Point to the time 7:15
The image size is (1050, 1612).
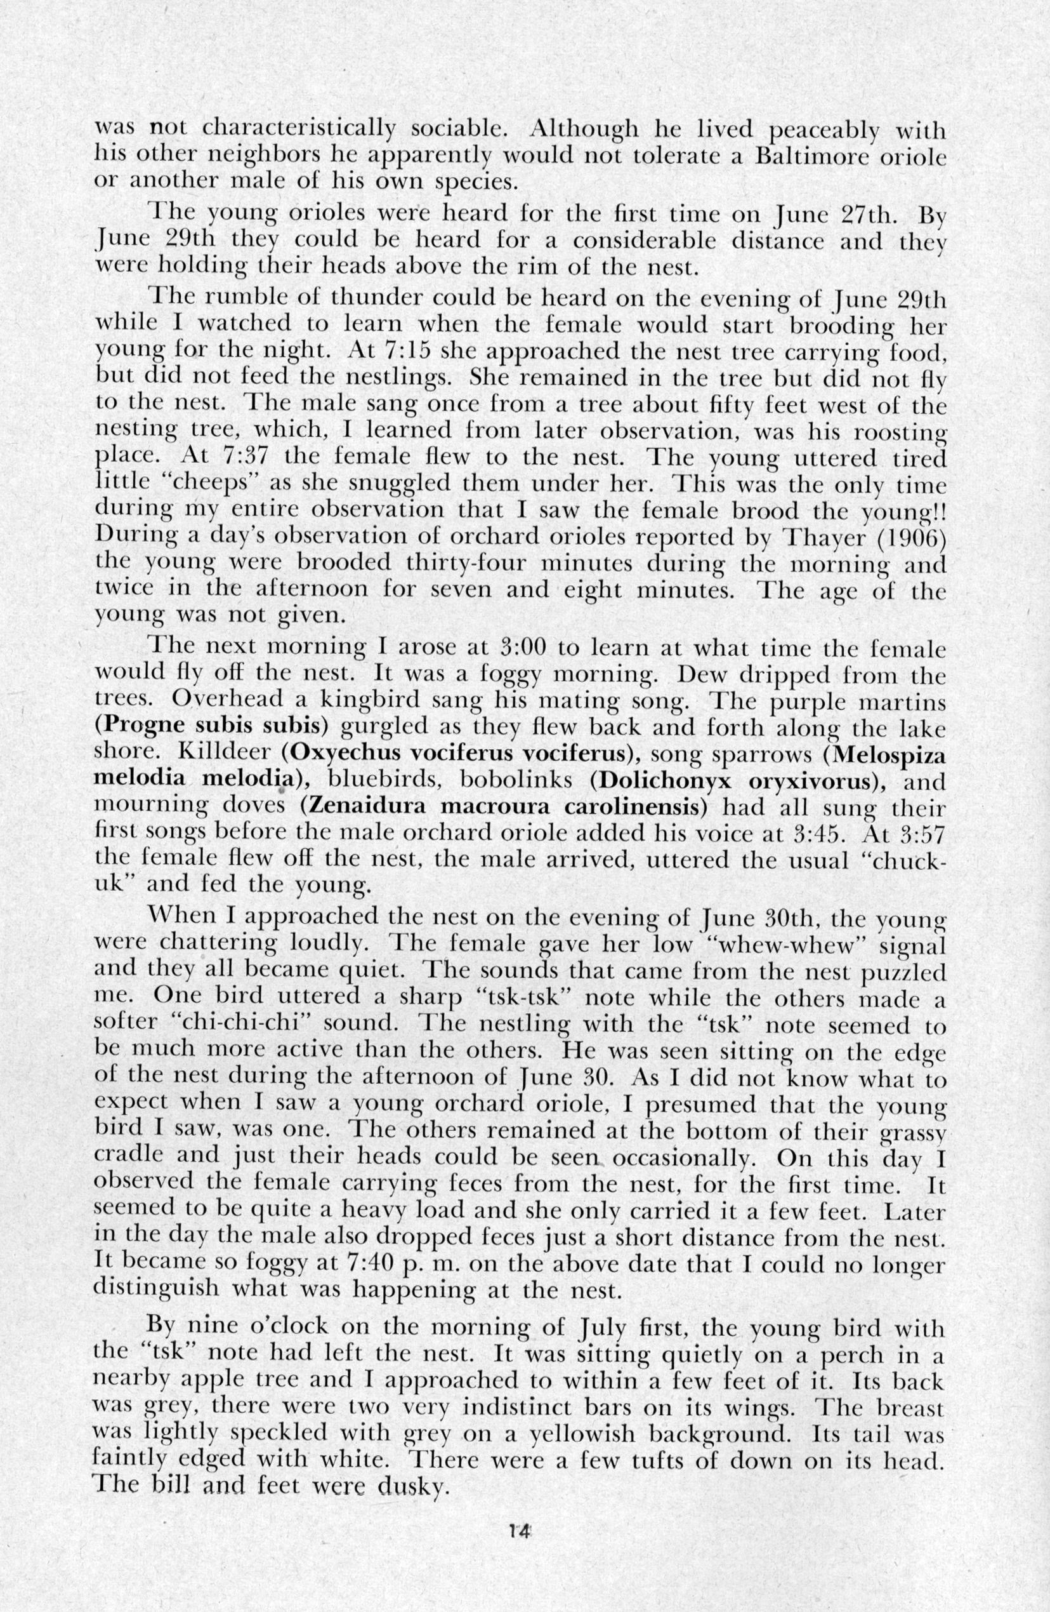coord(410,351)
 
